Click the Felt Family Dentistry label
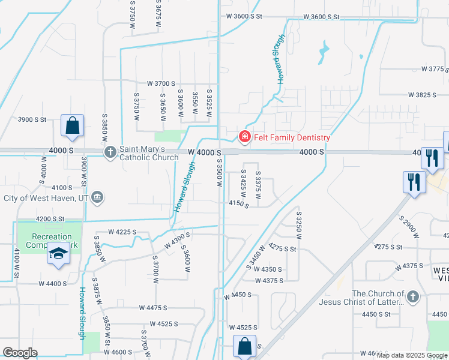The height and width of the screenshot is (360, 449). (292, 137)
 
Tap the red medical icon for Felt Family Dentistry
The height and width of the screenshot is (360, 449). (244, 137)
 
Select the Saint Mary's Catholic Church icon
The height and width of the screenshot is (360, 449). (110, 152)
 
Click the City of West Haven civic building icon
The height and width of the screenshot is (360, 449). (97, 197)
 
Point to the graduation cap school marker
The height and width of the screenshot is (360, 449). (58, 254)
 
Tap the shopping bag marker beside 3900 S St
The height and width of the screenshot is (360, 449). (72, 126)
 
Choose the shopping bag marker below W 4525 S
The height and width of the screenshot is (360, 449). (244, 346)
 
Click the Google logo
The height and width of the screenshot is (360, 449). (20, 353)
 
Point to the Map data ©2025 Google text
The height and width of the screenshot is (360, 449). (412, 355)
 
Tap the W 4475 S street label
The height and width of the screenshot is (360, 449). (152, 308)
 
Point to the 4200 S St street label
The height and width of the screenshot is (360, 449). (50, 218)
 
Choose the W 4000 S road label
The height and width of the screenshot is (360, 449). (204, 152)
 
